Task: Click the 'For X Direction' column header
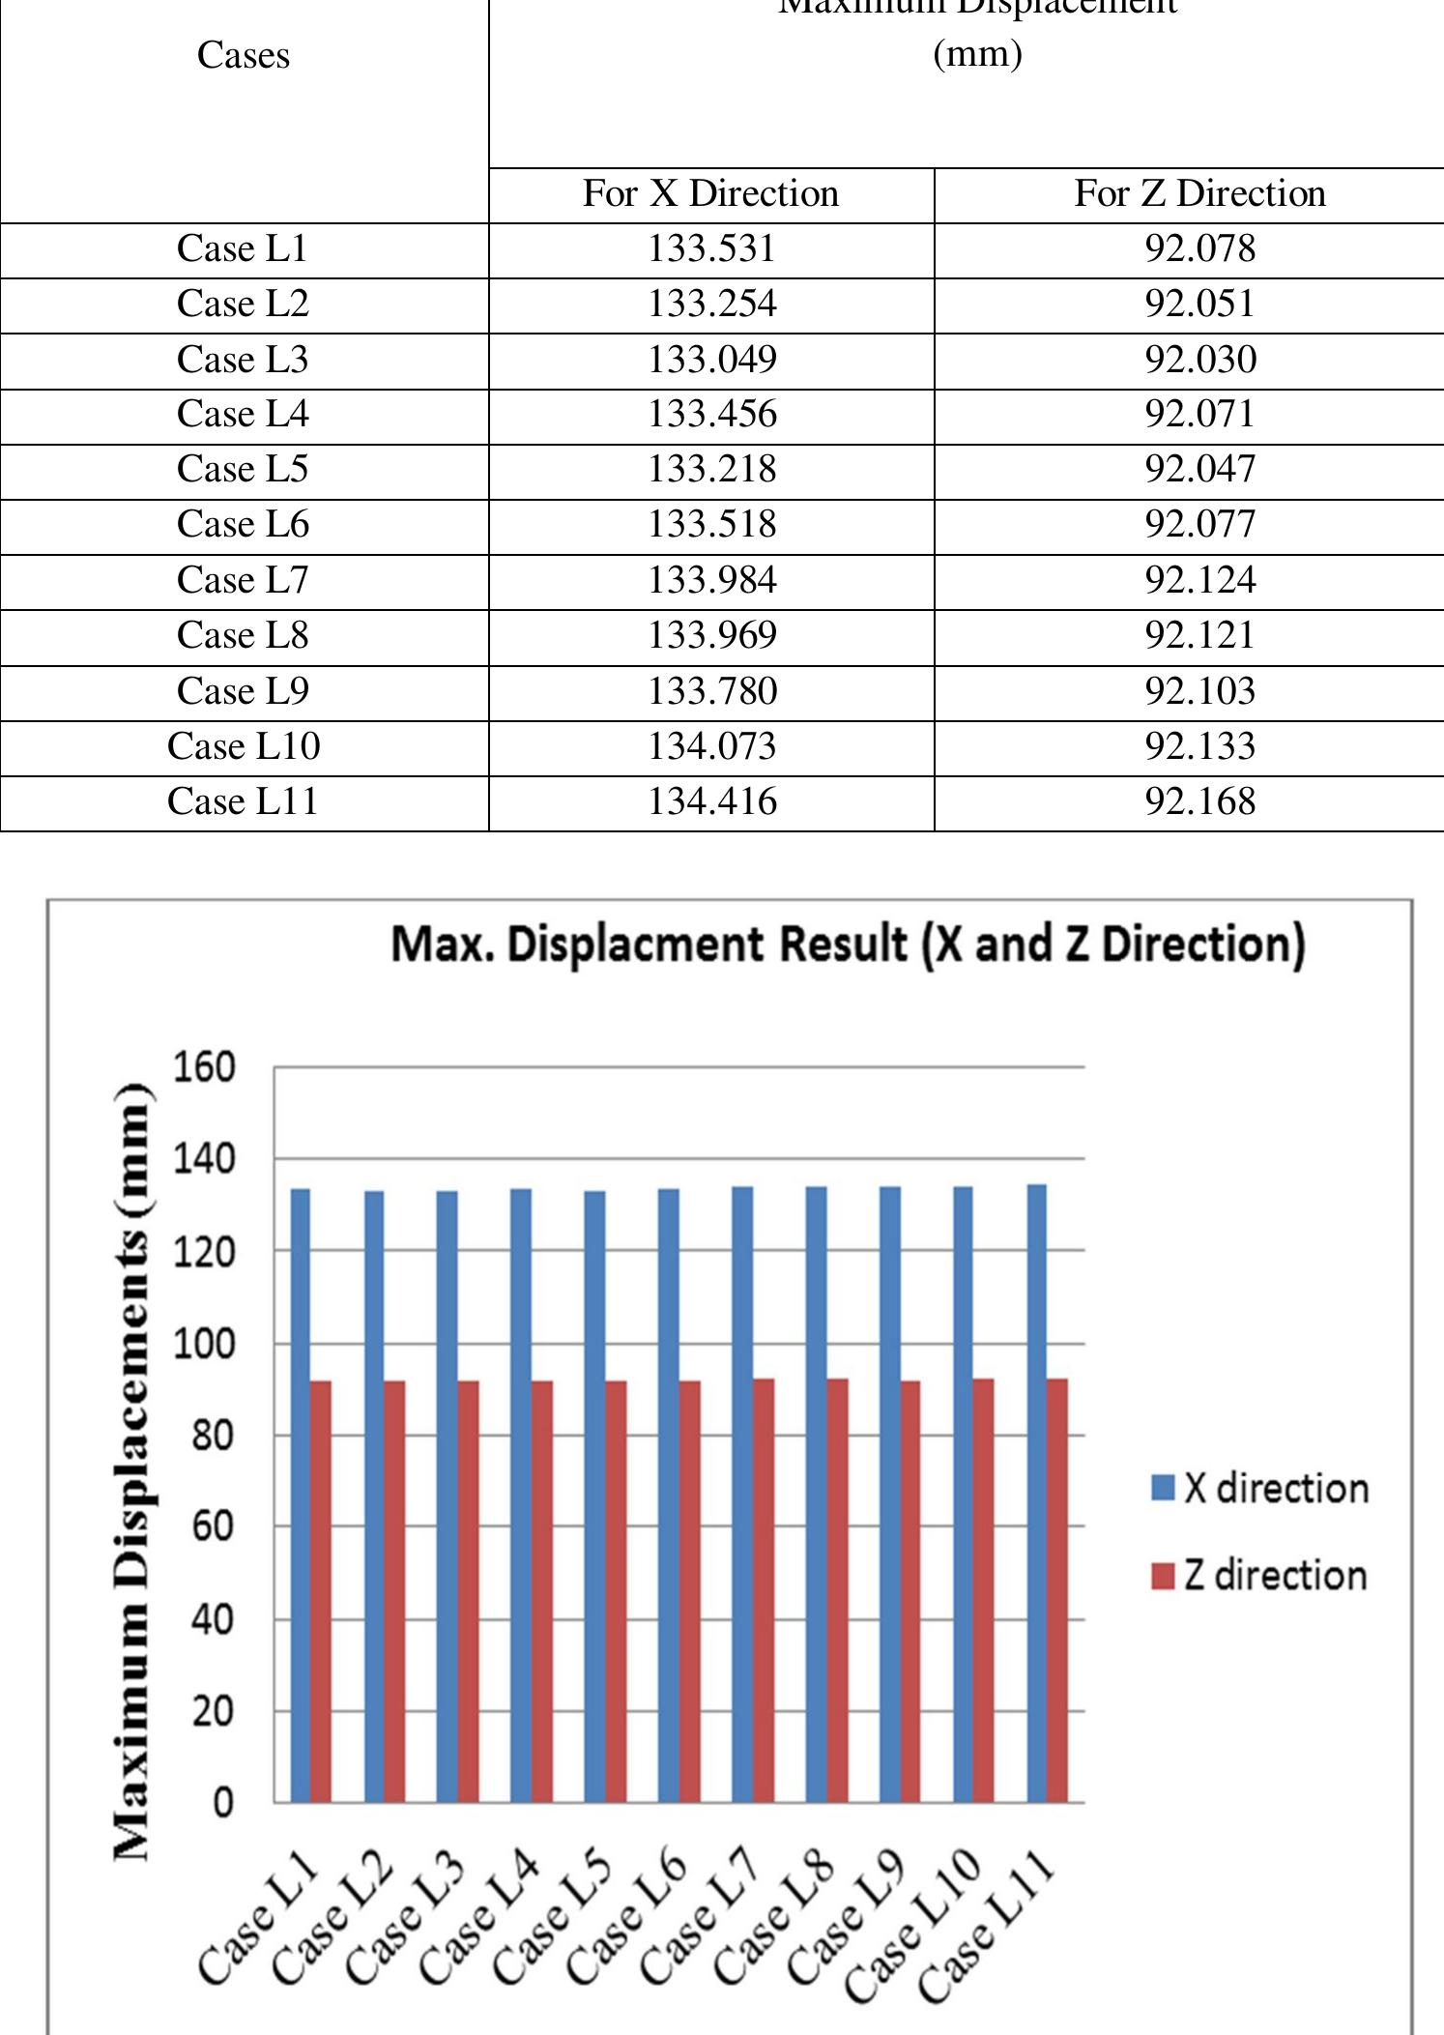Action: [x=710, y=194]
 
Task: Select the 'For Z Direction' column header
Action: [x=1199, y=194]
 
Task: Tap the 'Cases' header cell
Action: [x=244, y=56]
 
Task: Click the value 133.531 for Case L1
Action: [x=711, y=249]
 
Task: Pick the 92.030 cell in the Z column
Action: [x=1200, y=360]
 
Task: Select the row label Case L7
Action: [x=243, y=580]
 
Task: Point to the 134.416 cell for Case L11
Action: [x=711, y=801]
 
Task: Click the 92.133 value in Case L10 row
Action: [x=1200, y=746]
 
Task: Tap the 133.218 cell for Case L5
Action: [x=711, y=470]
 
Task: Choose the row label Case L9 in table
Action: [x=243, y=691]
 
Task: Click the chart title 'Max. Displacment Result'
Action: [x=848, y=945]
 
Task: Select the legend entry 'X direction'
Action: [x=1260, y=1488]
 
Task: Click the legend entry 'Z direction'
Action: [x=1260, y=1575]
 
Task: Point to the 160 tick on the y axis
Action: [x=204, y=1068]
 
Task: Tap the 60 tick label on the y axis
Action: [x=212, y=1527]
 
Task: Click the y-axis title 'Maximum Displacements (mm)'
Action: [x=131, y=1469]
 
